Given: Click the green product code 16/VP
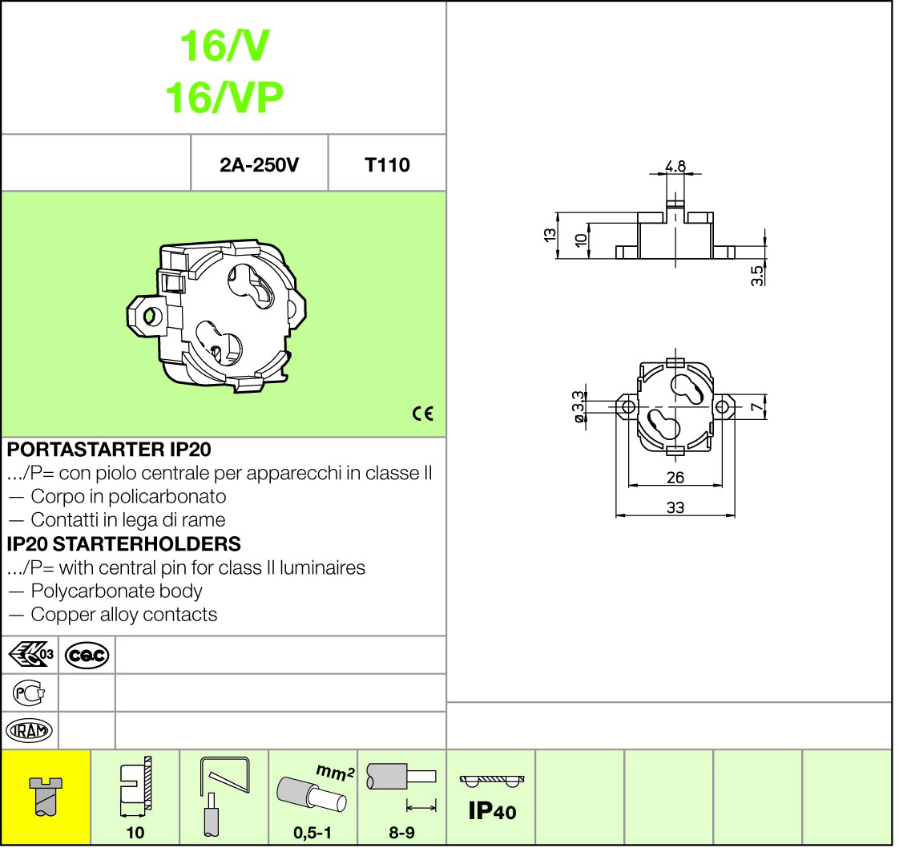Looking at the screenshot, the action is point(224,98).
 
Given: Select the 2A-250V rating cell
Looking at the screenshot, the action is point(259,165).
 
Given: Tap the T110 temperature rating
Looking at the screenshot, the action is point(387,165).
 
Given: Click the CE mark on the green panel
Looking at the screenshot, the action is point(423,414).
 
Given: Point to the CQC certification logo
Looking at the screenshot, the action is point(87,656).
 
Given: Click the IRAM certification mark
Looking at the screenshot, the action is point(29,731).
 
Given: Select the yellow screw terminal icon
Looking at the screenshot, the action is point(46,797).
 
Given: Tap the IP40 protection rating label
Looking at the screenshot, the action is point(492,811).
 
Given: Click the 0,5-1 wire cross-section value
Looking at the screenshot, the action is point(312,833).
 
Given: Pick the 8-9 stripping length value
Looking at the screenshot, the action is point(402,833).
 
